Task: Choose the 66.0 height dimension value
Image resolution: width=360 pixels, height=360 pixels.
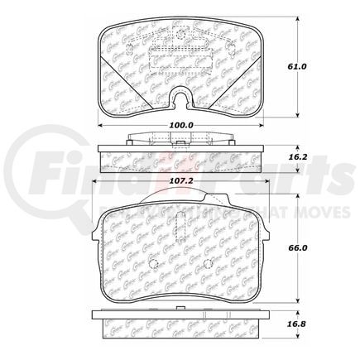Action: click(309, 247)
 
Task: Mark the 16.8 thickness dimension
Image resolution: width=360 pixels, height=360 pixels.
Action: click(309, 325)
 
